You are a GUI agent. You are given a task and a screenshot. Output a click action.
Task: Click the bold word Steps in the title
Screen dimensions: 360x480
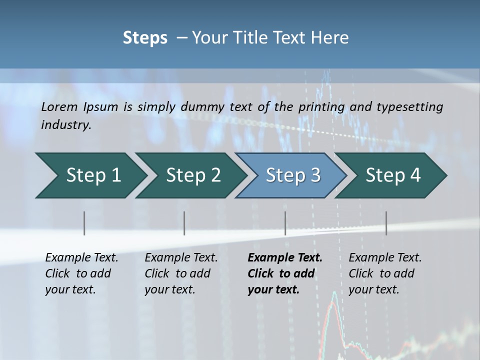145,38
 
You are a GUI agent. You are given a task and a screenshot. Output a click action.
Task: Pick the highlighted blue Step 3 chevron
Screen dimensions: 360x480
291,175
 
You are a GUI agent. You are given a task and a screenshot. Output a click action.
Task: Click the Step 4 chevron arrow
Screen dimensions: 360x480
391,175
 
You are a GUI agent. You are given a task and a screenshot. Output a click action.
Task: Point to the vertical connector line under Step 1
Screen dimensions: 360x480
84,223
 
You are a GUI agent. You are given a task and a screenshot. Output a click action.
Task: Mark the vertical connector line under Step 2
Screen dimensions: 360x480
184,223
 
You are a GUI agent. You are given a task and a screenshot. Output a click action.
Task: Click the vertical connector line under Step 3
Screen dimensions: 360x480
285,223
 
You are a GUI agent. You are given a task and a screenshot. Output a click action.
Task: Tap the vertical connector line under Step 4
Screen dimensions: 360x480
386,223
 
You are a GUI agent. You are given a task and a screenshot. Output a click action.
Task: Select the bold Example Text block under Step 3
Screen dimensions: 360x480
285,273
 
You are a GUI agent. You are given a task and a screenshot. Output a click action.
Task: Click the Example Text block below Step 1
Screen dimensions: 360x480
81,273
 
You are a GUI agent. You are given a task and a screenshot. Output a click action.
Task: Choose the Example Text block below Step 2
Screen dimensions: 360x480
181,273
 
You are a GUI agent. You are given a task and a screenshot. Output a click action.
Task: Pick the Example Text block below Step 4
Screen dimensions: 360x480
385,273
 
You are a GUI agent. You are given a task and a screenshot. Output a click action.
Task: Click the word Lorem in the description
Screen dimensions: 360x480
59,106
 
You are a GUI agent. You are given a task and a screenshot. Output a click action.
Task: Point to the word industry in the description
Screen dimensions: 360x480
66,125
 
